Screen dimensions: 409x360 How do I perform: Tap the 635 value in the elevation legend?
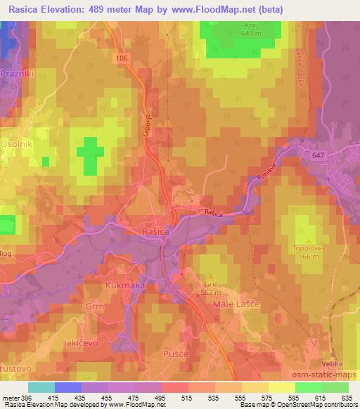pos(344,398)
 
